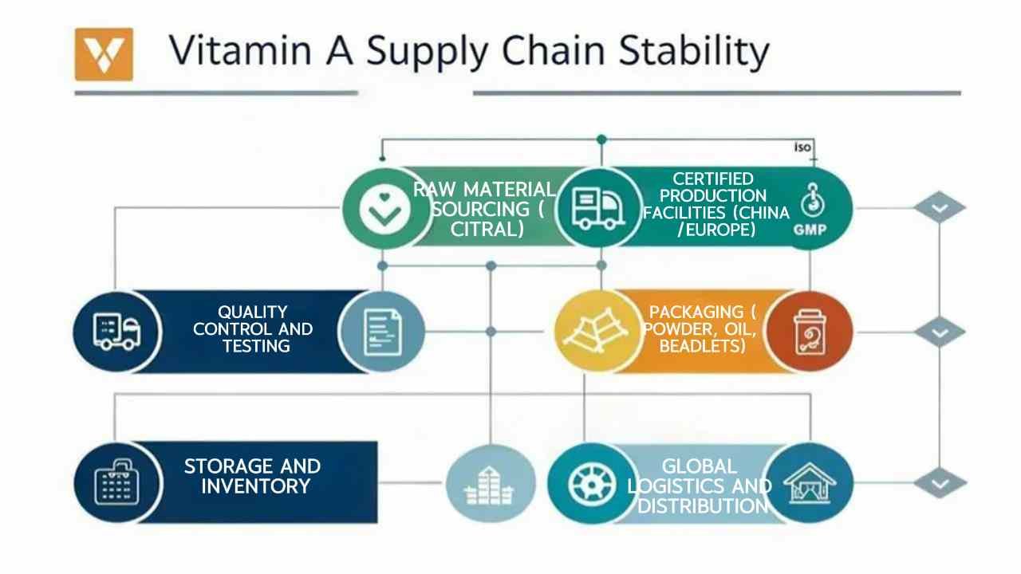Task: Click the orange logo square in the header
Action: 104,54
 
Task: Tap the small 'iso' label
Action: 802,147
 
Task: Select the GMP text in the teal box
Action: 810,230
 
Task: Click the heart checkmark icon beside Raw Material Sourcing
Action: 384,209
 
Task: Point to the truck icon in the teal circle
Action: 598,209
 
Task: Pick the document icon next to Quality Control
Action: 383,332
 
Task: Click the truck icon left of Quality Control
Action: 116,332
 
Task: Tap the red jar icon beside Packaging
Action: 810,332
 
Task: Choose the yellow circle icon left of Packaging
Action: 597,331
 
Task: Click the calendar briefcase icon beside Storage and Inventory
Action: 116,482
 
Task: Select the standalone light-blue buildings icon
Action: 490,484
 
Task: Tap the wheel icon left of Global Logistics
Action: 592,484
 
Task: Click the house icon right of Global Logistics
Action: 810,483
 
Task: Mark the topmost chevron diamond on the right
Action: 940,208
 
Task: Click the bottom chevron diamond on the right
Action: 940,483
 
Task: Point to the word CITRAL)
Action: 487,229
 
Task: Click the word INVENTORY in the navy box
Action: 256,486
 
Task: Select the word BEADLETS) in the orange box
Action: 703,346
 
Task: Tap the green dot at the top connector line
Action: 601,139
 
